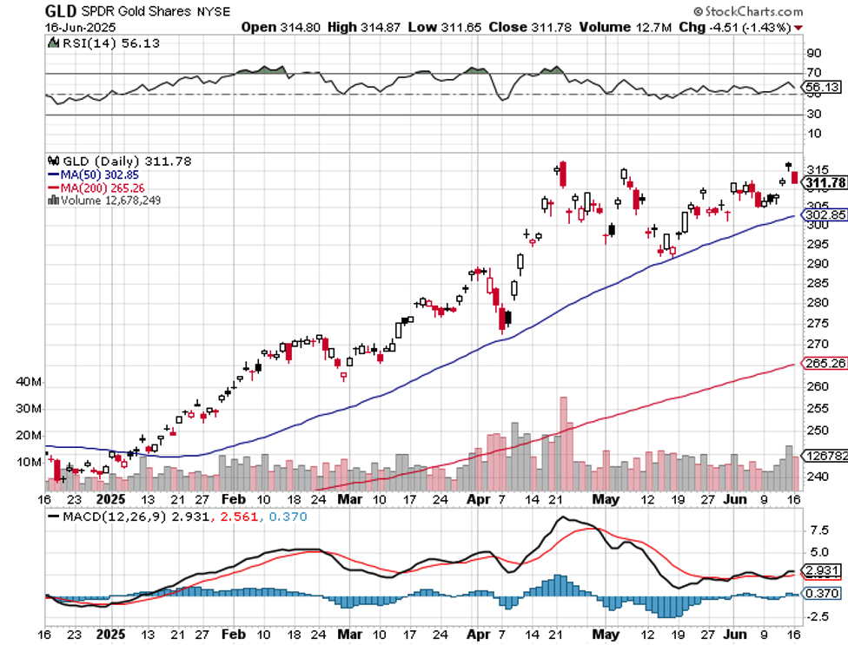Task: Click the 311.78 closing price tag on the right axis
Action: tap(825, 182)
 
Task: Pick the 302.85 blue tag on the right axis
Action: tap(826, 214)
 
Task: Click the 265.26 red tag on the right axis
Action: tap(826, 363)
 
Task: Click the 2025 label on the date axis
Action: tap(110, 500)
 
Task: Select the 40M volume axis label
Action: tap(29, 382)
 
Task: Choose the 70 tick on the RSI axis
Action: tap(813, 73)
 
